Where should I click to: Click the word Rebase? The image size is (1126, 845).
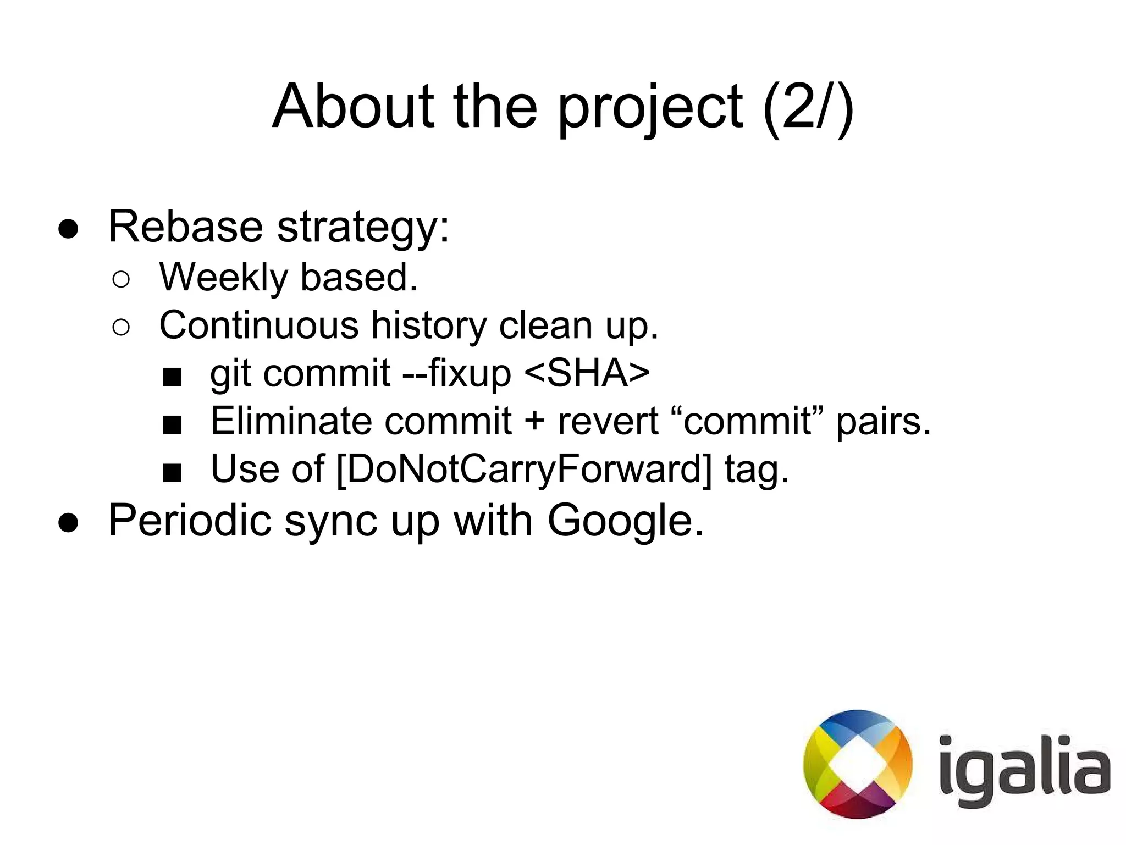click(x=185, y=226)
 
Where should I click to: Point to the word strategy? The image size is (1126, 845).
click(x=363, y=228)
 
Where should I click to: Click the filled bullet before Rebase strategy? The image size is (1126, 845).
click(x=69, y=229)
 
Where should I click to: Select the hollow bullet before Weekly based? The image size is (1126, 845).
click(x=121, y=280)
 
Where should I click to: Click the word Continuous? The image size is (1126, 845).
click(x=259, y=325)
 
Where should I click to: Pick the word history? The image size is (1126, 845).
click(x=429, y=326)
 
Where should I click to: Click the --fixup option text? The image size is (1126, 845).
click(x=457, y=374)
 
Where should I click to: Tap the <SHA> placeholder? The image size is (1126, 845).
click(x=587, y=373)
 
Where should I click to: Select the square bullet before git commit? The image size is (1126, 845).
click(x=172, y=377)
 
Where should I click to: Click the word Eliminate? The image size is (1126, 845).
click(x=291, y=421)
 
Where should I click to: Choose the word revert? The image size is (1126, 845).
click(x=608, y=422)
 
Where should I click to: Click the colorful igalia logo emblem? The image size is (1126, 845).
click(x=858, y=764)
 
